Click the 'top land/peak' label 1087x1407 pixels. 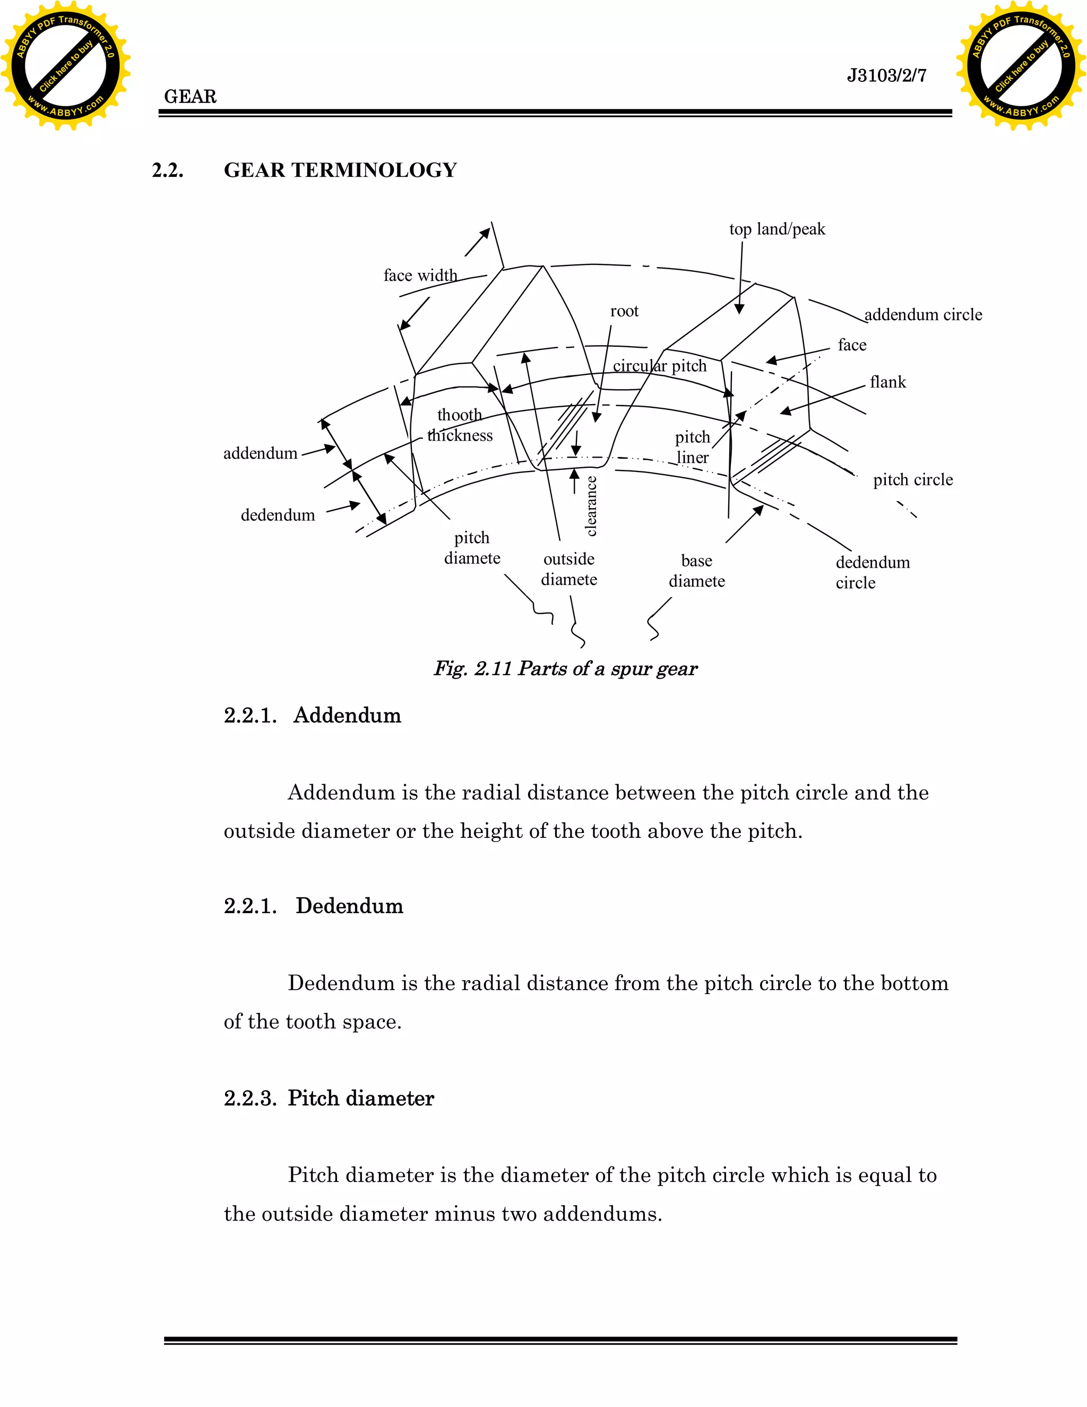click(x=777, y=229)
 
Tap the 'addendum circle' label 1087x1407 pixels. click(x=923, y=315)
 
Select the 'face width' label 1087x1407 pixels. click(x=420, y=276)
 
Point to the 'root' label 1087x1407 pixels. click(x=624, y=311)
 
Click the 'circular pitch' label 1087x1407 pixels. click(x=659, y=366)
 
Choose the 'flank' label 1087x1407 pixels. click(x=887, y=383)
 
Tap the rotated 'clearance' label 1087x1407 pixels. click(x=591, y=505)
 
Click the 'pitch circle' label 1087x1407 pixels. click(x=912, y=480)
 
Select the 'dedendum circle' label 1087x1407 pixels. click(x=872, y=572)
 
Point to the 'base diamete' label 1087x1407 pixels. click(x=696, y=571)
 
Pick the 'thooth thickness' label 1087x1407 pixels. click(x=460, y=425)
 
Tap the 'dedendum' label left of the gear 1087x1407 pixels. click(x=278, y=516)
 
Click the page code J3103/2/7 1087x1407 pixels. click(x=886, y=76)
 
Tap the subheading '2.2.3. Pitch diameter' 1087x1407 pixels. click(x=329, y=1098)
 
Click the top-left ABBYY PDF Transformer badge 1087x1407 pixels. click(x=65, y=65)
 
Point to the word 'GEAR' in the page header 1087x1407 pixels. click(x=190, y=97)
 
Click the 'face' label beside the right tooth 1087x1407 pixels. click(x=851, y=345)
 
